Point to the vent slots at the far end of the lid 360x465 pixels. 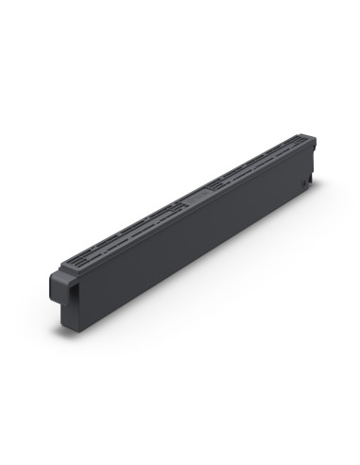coord(283,150)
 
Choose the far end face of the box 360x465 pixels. coord(311,165)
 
